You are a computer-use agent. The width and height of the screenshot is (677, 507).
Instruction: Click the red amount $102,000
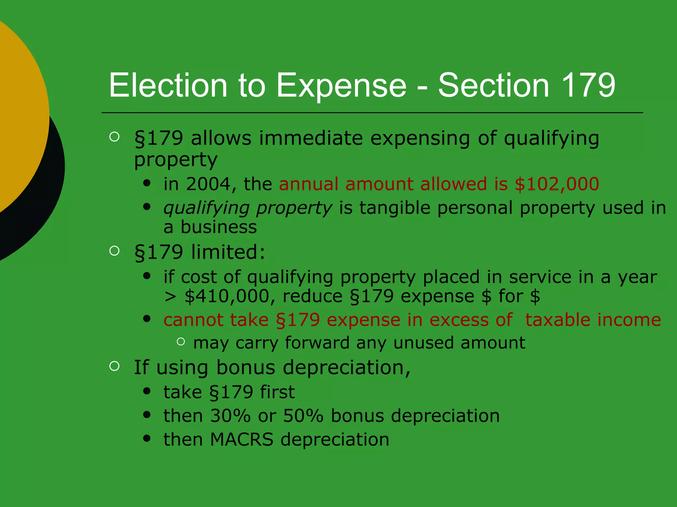[557, 184]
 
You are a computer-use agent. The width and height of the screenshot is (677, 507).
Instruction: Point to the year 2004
[208, 184]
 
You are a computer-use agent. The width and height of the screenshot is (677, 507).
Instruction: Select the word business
[219, 227]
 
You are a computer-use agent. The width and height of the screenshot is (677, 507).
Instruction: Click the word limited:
[228, 252]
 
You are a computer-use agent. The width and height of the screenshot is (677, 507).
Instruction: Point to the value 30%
[230, 416]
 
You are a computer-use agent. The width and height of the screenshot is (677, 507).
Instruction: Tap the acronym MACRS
[242, 440]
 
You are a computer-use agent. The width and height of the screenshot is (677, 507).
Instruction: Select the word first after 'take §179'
[277, 392]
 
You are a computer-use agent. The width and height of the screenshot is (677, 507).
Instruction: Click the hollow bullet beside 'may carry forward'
[181, 342]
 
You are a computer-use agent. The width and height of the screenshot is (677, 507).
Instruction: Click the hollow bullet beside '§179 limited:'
[114, 251]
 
